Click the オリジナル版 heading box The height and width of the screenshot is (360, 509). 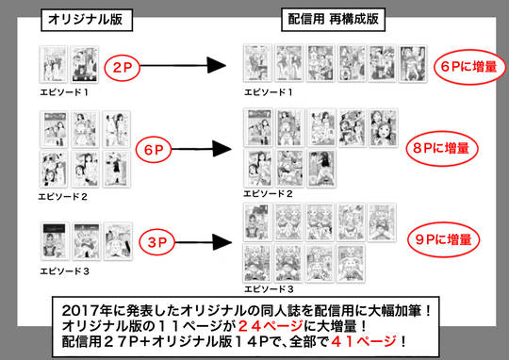tap(87, 20)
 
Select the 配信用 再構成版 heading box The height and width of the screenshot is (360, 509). tap(334, 20)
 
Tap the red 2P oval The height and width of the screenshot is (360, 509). tap(122, 68)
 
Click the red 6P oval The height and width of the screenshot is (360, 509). tap(154, 150)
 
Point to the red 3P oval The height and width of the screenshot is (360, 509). tap(157, 242)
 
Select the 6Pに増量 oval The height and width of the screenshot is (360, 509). tap(469, 67)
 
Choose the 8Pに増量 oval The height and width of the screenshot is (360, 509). tap(442, 148)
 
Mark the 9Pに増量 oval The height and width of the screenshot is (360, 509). tap(443, 239)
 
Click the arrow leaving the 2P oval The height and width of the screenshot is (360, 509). tap(183, 66)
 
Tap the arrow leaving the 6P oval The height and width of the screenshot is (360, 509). tap(202, 149)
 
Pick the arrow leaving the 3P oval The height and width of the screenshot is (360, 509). tap(204, 242)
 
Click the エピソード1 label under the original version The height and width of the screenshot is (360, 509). tap(64, 92)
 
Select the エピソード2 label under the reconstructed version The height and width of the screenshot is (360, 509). tap(268, 194)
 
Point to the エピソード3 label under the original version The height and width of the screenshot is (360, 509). tap(65, 271)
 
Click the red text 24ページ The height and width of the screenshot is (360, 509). tap(271, 326)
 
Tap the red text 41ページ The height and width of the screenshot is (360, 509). tap(364, 341)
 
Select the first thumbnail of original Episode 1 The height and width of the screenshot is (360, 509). tap(54, 64)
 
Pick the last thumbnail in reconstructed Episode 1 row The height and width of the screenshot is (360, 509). tap(413, 63)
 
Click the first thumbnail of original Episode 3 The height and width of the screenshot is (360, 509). tap(55, 241)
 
